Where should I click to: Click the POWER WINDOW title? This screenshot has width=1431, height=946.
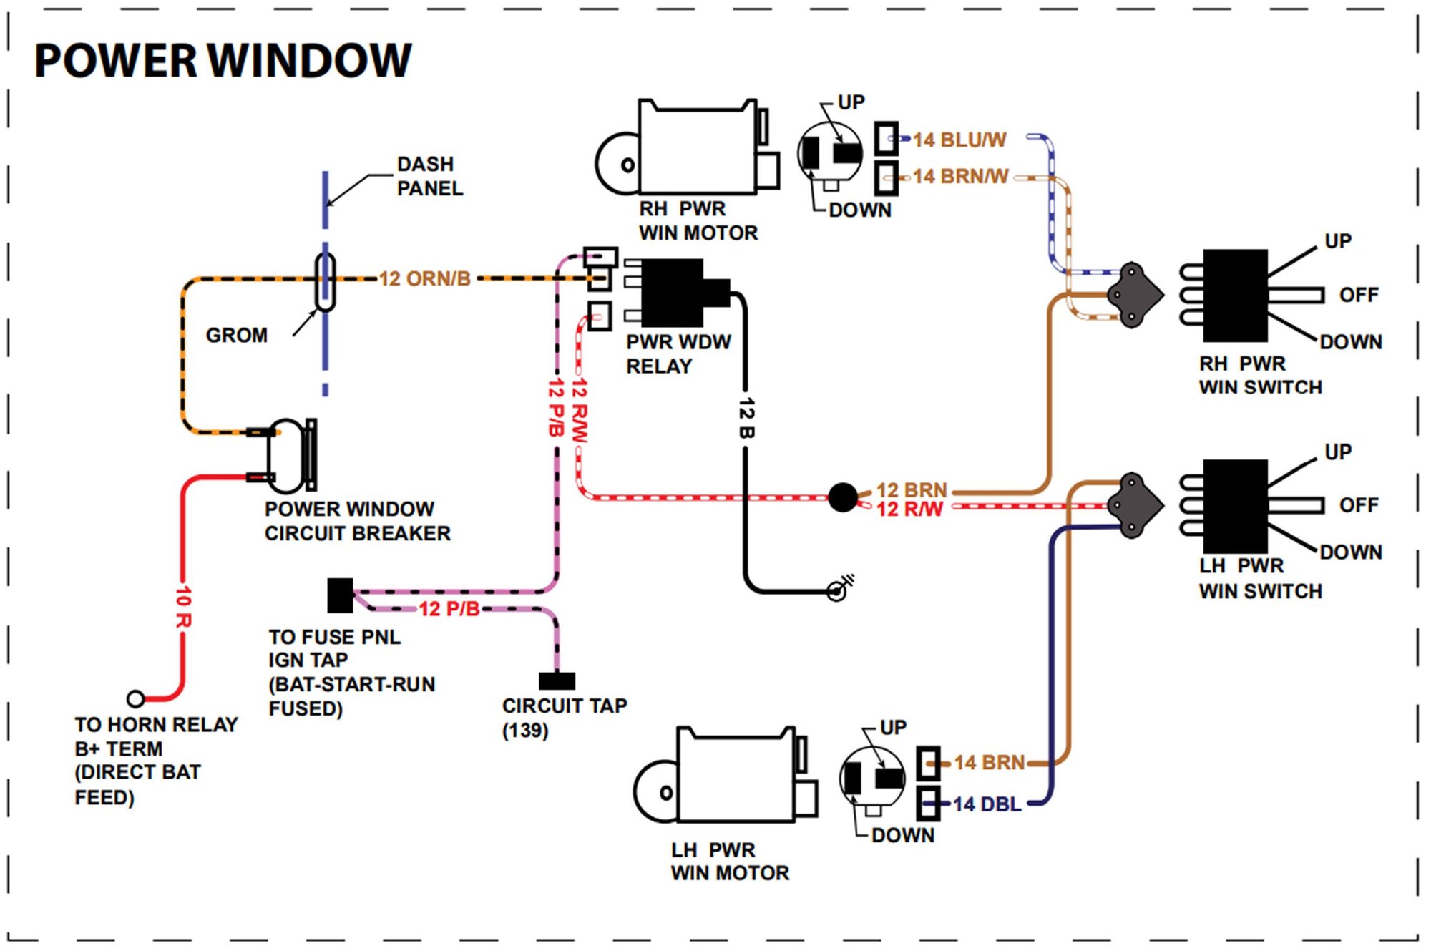(223, 60)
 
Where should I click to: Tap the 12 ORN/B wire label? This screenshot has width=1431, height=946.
(425, 278)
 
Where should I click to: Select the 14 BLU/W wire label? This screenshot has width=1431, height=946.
(959, 140)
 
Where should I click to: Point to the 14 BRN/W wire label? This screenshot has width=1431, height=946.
(961, 176)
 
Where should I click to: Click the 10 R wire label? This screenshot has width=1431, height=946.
(184, 607)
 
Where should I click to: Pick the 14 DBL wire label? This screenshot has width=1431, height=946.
(987, 804)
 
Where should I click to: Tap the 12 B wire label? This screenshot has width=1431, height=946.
(746, 419)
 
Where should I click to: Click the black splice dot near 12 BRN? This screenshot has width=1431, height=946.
(843, 497)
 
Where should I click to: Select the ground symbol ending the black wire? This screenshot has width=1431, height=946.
(839, 589)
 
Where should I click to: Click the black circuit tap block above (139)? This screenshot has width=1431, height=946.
(557, 680)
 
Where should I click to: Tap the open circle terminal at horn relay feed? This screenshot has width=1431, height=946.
(135, 698)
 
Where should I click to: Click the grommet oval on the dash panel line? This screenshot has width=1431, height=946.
(326, 282)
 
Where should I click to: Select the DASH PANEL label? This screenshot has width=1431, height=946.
(430, 176)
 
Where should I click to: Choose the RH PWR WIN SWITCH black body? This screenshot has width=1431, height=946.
(1235, 296)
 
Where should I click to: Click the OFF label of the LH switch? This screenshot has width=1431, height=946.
(1359, 505)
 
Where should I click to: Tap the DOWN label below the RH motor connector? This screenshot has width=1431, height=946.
(860, 210)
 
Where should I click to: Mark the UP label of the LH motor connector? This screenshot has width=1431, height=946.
(893, 728)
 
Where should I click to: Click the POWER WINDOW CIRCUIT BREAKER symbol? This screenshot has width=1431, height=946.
(290, 456)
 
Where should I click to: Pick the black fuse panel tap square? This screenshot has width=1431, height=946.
(340, 595)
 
